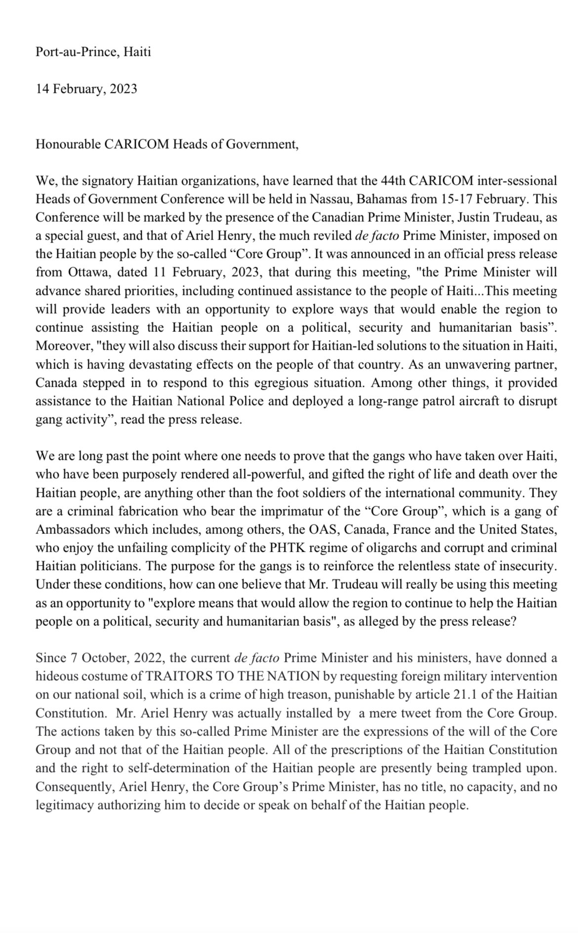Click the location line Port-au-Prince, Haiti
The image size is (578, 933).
click(93, 51)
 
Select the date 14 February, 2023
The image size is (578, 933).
click(86, 89)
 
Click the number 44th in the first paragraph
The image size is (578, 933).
click(391, 181)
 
